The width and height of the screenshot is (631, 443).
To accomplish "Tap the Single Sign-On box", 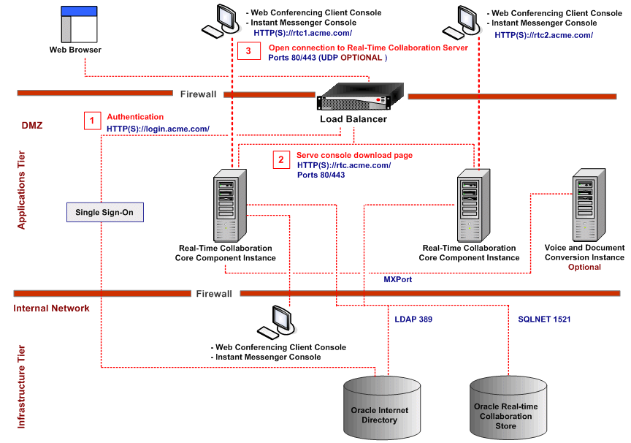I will click(x=105, y=212).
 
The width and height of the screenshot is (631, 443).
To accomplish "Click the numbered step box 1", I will click(x=92, y=121).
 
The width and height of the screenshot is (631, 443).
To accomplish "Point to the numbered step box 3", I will click(x=248, y=51).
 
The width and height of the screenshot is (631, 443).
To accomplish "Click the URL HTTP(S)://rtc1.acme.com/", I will click(x=302, y=33).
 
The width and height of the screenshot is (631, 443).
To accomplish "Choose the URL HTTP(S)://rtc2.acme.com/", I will click(x=543, y=34).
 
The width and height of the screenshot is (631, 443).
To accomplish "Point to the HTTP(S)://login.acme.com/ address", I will click(x=158, y=129).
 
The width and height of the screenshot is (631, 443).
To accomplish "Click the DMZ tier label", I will click(x=32, y=125).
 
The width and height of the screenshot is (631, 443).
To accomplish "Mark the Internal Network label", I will click(x=51, y=308).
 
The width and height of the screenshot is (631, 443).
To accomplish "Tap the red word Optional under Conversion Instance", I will click(x=584, y=267).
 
